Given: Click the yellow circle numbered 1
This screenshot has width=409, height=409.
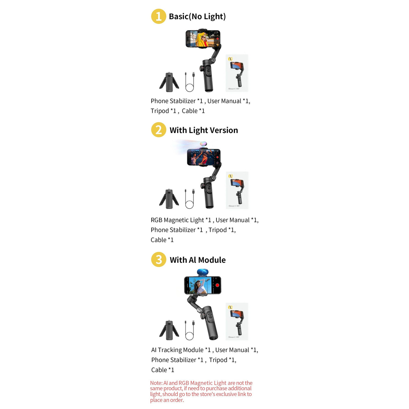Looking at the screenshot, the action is (x=158, y=16).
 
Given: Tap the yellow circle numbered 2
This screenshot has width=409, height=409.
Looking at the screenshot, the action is (x=158, y=130).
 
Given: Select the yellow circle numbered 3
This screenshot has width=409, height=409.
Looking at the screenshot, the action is (x=158, y=259).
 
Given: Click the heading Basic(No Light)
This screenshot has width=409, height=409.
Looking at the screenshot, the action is (x=197, y=17).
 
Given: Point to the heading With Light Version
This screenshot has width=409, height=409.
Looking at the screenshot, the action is (x=203, y=130).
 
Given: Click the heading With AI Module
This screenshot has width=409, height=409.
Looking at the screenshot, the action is (x=197, y=260).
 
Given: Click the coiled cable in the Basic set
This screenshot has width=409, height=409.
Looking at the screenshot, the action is (x=190, y=82).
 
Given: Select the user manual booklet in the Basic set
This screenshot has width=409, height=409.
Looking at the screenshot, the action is (x=237, y=73).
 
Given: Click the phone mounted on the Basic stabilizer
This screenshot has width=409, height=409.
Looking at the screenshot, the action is (x=203, y=39).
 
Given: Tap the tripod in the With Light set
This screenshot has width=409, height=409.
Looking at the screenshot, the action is (x=169, y=199).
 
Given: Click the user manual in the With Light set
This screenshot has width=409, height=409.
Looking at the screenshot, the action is (x=237, y=190).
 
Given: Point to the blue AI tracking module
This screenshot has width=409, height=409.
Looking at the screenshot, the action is (x=202, y=272).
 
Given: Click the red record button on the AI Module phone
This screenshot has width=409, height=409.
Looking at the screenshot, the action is (x=217, y=285).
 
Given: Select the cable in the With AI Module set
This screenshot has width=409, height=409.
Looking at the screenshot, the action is (x=190, y=330).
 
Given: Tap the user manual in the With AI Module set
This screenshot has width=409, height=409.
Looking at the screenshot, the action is (x=237, y=321).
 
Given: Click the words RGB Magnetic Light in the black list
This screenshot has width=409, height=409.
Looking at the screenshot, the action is (x=177, y=220).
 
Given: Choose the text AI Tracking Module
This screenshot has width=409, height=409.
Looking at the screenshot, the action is (x=177, y=350).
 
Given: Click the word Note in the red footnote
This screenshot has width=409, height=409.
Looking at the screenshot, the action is (x=156, y=383).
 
